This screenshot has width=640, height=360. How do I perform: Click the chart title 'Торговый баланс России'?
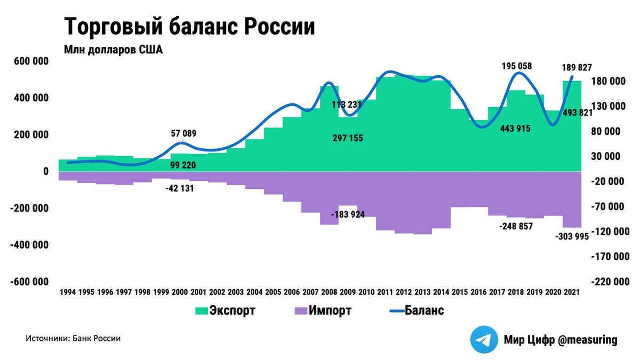point(189,27)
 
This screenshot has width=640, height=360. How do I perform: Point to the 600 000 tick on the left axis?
point(30,61)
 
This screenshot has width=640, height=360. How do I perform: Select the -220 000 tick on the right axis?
point(609,282)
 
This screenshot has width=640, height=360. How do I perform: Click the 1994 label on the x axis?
point(68,292)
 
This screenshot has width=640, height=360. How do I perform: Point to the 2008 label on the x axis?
point(329,292)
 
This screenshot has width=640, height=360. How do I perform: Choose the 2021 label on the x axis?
point(572,292)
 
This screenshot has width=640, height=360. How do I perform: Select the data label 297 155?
point(347,139)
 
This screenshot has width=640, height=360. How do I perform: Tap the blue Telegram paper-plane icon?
point(484,340)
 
